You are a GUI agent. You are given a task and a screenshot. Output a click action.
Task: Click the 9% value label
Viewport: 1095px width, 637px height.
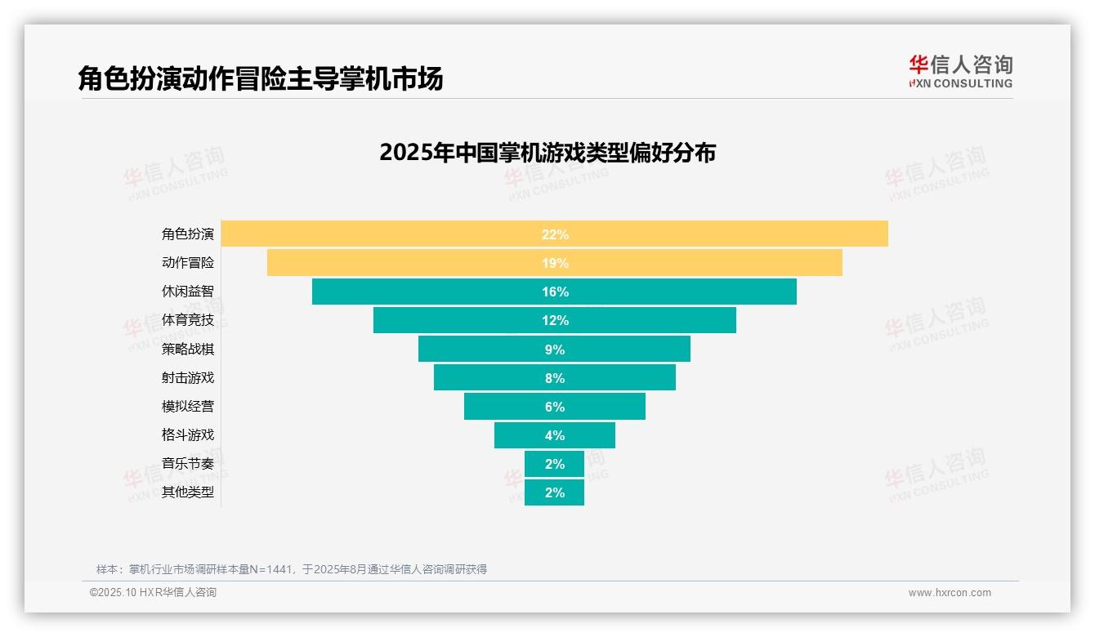pos(555,350)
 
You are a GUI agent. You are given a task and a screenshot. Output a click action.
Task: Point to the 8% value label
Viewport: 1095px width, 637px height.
pos(555,378)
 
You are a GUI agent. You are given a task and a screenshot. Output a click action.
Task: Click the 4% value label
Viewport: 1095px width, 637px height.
pos(555,435)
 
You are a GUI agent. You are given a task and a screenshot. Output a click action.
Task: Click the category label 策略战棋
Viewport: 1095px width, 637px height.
pos(188,349)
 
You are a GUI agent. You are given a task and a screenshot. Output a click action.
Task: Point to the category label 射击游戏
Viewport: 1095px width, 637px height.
pos(188,377)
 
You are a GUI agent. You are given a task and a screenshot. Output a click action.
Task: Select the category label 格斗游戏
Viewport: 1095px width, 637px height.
pos(188,434)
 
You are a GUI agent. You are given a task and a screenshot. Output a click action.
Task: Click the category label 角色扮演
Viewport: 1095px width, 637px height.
pos(188,234)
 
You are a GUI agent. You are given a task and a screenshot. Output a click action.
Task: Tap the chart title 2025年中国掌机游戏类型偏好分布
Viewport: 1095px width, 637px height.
pos(547,153)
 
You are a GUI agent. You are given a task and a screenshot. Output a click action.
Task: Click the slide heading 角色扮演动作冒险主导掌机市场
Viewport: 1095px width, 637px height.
pos(261,79)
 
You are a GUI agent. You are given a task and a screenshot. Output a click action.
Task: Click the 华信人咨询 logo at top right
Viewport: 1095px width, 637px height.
pos(960,71)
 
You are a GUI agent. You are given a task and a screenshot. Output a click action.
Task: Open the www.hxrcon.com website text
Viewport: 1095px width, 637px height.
pos(950,593)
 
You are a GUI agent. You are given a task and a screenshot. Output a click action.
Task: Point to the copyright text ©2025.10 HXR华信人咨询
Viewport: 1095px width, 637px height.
pos(153,593)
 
